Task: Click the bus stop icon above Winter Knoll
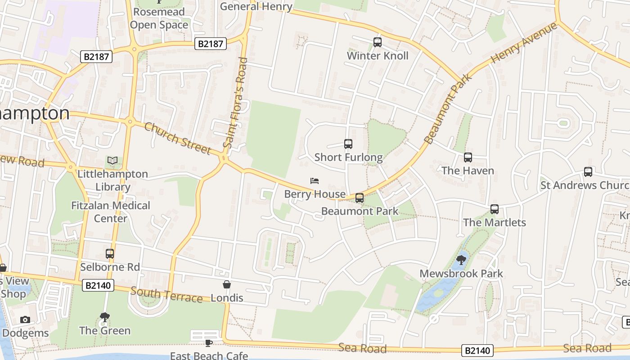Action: click(378, 42)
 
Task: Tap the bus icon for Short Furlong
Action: click(348, 144)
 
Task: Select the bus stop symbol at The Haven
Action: click(468, 157)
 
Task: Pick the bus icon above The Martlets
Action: click(495, 209)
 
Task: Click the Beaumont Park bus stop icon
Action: click(360, 198)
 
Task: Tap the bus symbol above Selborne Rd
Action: click(110, 254)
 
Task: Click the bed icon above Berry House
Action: click(315, 181)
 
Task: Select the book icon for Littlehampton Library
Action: click(112, 161)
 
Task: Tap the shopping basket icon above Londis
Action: click(227, 284)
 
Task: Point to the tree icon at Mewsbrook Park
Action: click(461, 260)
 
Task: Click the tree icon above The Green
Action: click(105, 317)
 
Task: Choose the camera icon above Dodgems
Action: click(25, 320)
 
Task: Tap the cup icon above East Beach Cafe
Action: click(208, 343)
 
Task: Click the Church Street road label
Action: click(177, 138)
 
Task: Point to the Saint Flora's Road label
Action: click(236, 103)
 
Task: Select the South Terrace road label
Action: click(166, 295)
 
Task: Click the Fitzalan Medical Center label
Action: click(111, 212)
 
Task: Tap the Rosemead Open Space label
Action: click(158, 18)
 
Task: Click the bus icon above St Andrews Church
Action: click(588, 172)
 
